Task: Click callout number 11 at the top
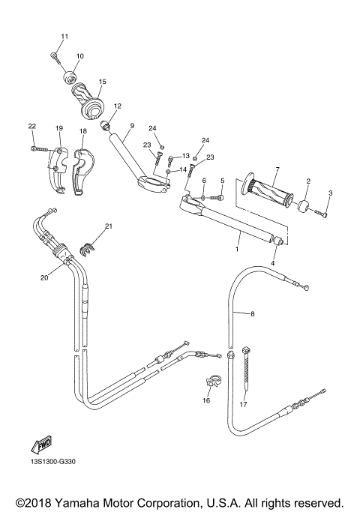pos(64,37)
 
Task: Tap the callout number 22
pos(32,126)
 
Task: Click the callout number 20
pos(44,277)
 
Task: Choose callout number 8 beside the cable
pos(252,313)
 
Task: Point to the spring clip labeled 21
pos(90,241)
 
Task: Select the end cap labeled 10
pos(72,76)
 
